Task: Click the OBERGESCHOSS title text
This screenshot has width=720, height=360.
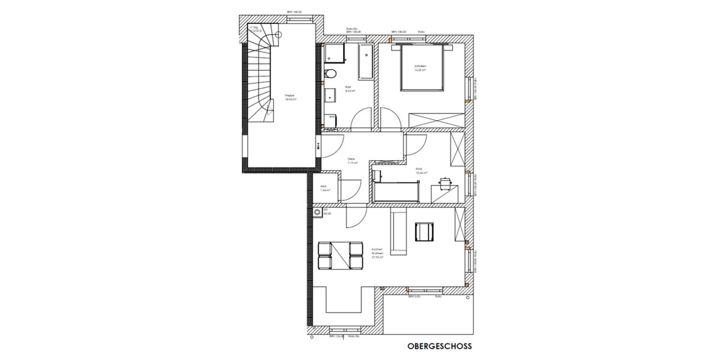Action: (439, 346)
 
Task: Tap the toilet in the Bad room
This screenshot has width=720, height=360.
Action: (328, 74)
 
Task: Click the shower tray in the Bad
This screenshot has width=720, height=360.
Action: (335, 52)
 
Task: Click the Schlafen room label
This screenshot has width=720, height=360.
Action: (419, 67)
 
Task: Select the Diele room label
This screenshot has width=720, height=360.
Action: (352, 161)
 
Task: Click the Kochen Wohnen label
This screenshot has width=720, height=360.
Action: (377, 253)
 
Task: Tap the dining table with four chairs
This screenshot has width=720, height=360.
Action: (340, 255)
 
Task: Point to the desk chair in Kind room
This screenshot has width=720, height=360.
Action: (445, 182)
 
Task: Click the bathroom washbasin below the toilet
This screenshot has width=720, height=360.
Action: (330, 95)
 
